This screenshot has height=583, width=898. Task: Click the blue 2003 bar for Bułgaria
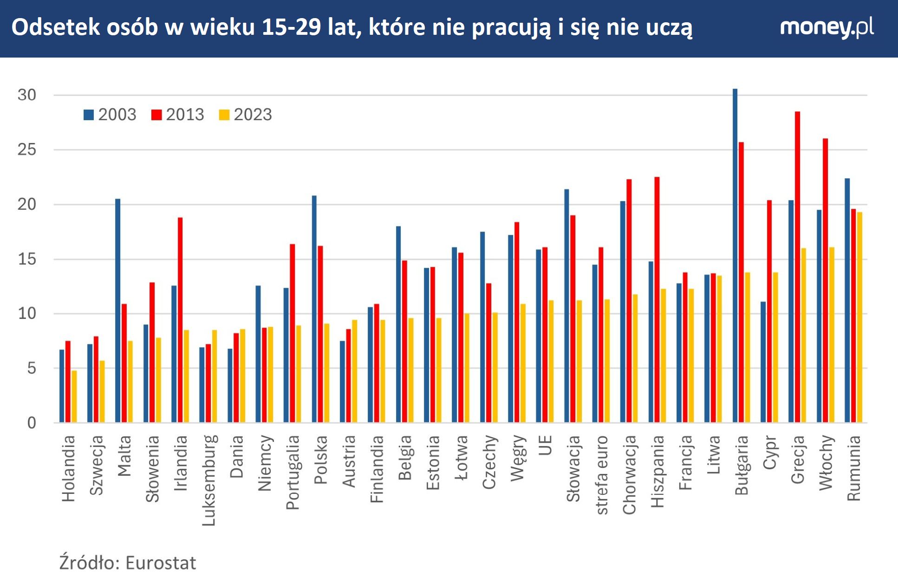pos(735,255)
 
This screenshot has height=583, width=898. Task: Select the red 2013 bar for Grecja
pos(797,267)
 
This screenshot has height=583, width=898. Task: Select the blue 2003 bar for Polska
pos(314,309)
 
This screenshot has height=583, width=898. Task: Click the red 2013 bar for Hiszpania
pos(657,299)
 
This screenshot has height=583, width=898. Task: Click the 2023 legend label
pos(253,115)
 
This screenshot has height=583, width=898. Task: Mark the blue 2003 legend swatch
pos(89,115)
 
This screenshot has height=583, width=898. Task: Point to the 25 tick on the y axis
pos(26,149)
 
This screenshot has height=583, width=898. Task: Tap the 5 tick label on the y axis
pos(31,368)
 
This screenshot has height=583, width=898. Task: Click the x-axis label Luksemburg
pos(209,480)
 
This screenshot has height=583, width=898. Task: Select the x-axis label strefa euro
pos(601,474)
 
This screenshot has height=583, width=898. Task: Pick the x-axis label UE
pos(545,445)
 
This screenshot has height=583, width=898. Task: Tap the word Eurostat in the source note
pos(161,563)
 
